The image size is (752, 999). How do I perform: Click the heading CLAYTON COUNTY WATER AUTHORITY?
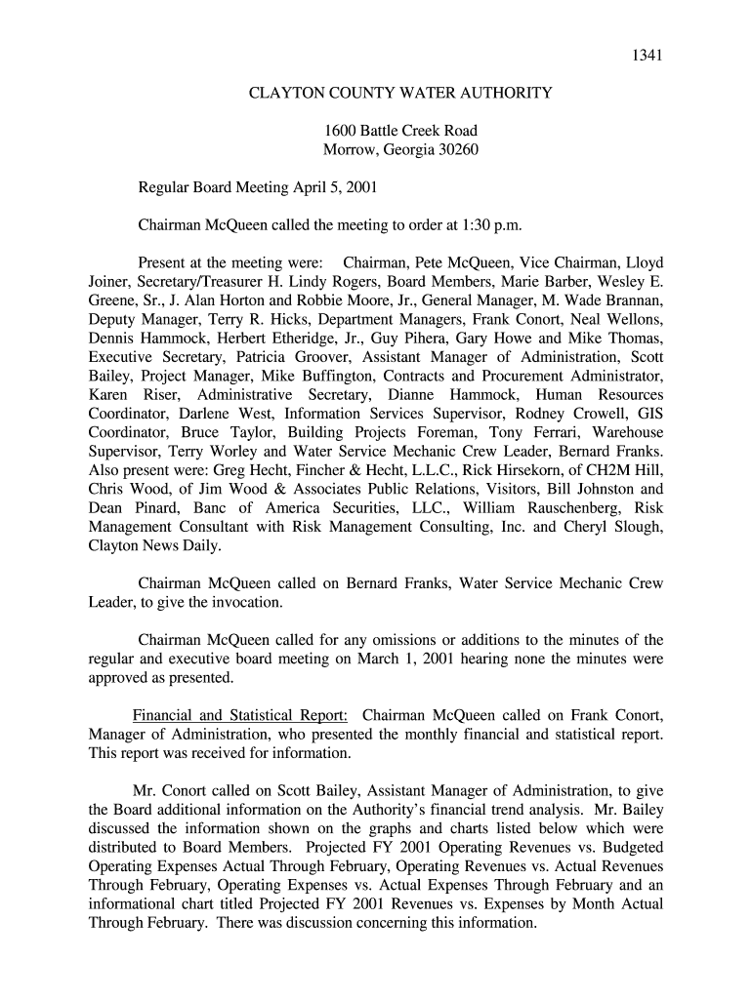pyautogui.click(x=400, y=93)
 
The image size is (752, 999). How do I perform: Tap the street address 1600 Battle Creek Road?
pyautogui.click(x=400, y=131)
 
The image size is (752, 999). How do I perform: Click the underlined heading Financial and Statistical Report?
pyautogui.click(x=240, y=715)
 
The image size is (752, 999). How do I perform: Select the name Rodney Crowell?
pyautogui.click(x=557, y=414)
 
